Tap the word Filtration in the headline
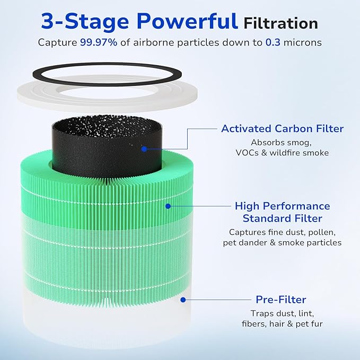click(280, 23)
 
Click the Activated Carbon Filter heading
click(282, 129)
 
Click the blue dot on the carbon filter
click(144, 149)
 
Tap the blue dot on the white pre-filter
click(182, 299)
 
